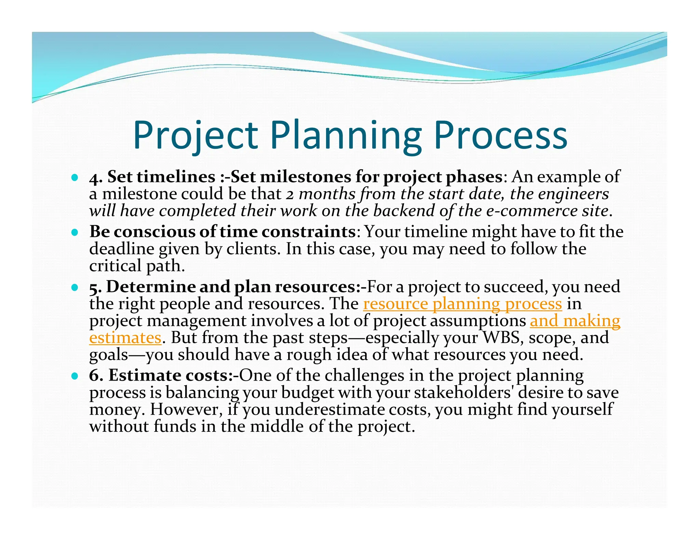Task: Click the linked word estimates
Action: click(125, 338)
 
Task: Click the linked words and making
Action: click(575, 321)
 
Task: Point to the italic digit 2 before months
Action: click(290, 195)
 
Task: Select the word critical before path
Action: click(115, 266)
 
